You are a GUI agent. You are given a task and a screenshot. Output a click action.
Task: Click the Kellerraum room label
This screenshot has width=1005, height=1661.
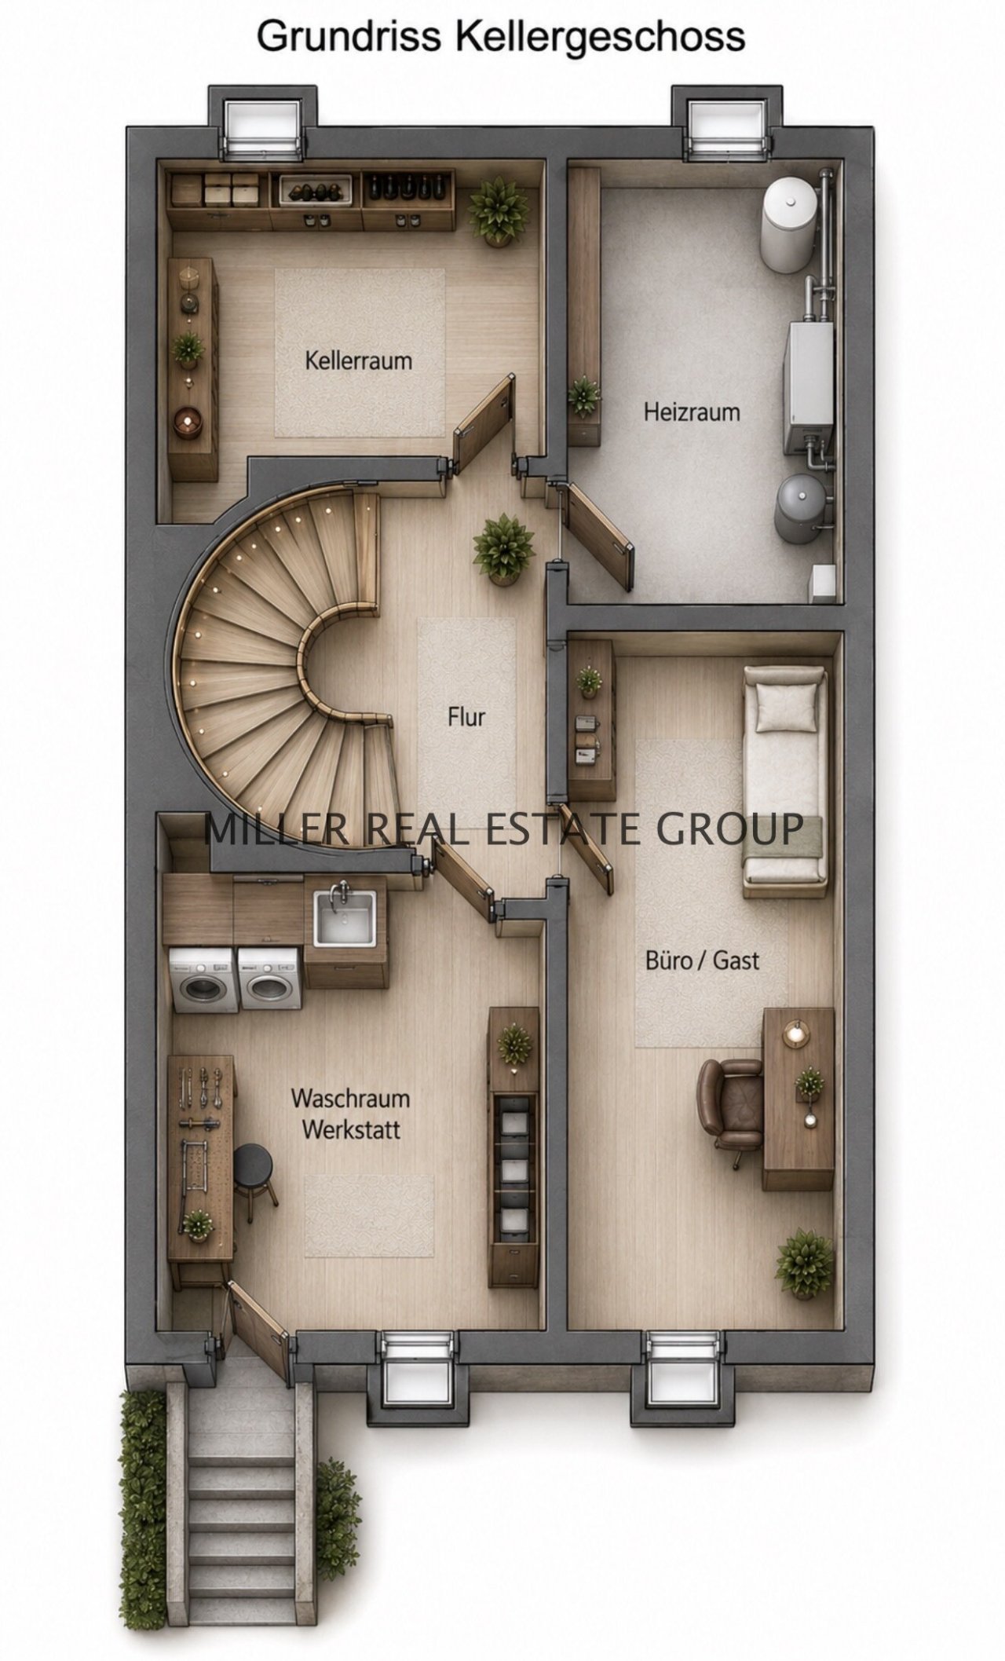point(358,361)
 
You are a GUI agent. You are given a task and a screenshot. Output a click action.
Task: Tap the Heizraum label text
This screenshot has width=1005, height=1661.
point(692,412)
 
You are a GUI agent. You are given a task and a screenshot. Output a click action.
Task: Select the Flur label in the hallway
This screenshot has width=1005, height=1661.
point(466,716)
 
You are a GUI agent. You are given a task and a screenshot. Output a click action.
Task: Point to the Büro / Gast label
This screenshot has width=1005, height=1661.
point(702,960)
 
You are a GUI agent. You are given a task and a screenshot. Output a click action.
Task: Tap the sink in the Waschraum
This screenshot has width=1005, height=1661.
point(345,916)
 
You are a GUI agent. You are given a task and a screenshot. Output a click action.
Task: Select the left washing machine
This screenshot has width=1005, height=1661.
point(203,980)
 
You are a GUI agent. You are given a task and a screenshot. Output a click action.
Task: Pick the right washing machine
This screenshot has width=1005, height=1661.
point(270,980)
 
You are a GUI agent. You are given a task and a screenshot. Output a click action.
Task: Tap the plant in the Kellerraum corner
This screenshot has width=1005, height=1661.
point(499,210)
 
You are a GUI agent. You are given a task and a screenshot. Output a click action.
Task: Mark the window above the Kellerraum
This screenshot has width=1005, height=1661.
point(262,126)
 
